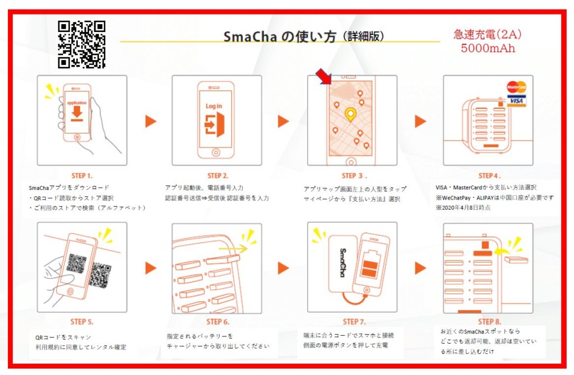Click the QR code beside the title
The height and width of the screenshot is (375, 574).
(x=81, y=44)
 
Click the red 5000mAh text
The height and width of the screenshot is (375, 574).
(x=488, y=48)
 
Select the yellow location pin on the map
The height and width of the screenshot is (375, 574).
(x=351, y=114)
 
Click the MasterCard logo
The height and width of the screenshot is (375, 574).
(x=516, y=87)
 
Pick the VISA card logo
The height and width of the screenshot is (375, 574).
(x=516, y=100)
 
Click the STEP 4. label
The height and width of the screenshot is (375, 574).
(x=489, y=175)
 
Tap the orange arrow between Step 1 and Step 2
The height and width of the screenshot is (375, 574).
(x=150, y=121)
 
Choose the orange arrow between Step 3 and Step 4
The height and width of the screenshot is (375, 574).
(x=420, y=121)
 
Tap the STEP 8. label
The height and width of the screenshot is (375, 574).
(x=489, y=322)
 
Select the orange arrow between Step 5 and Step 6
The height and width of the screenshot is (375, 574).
(x=150, y=268)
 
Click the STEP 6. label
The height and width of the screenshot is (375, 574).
(x=217, y=322)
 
